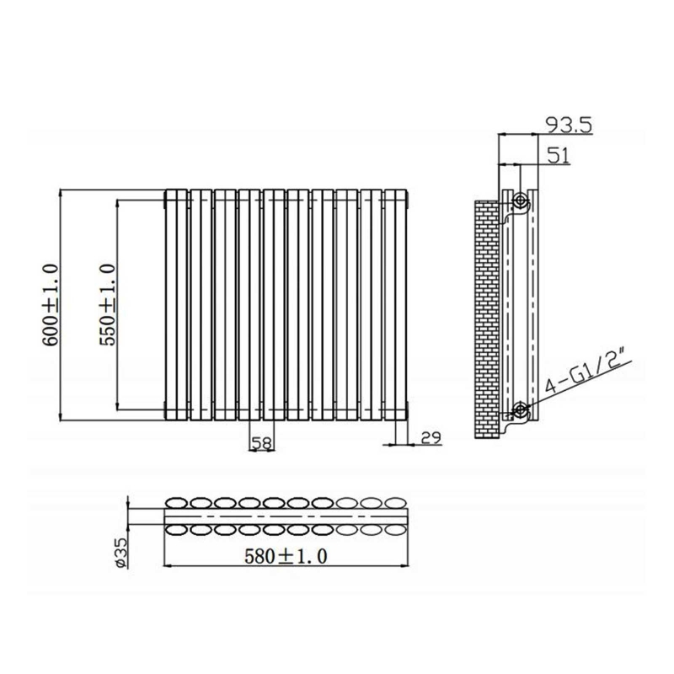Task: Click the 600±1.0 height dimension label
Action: pos(50,303)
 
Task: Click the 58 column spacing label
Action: pos(261,442)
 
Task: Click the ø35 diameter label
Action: pos(120,553)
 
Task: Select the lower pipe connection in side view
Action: pos(521,410)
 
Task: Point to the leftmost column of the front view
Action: pos(177,303)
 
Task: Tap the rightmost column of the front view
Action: pos(396,303)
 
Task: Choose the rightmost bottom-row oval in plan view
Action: pos(395,529)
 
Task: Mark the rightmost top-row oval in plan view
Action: pos(395,502)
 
